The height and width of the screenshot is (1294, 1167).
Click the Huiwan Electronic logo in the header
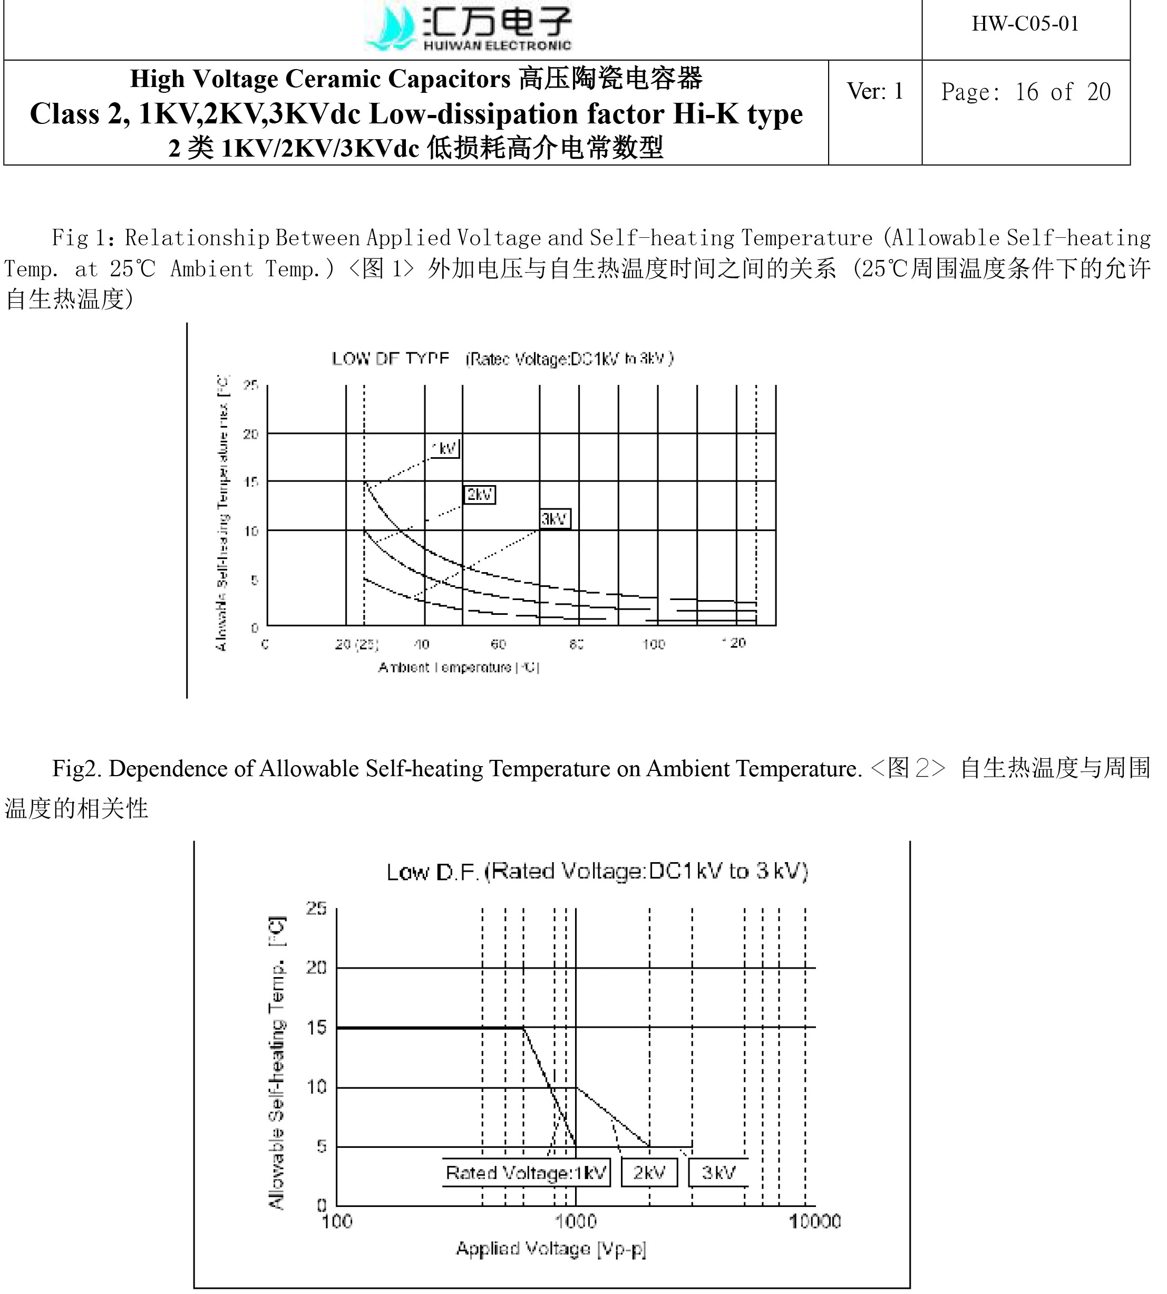[468, 27]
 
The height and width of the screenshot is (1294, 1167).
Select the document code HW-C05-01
[1025, 24]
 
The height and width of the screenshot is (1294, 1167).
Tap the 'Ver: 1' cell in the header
[874, 91]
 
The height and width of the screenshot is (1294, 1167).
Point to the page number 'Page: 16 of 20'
[1025, 92]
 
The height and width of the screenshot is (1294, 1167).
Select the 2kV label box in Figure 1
[480, 494]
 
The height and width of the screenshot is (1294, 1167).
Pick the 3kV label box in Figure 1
[555, 518]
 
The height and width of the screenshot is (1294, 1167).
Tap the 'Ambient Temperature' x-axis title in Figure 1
[459, 667]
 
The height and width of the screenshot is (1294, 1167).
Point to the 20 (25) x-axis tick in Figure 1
[356, 643]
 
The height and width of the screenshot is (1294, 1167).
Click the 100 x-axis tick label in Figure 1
[654, 643]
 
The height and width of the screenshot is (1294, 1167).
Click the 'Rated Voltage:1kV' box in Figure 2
[526, 1173]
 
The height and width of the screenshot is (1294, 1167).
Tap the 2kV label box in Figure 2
[649, 1173]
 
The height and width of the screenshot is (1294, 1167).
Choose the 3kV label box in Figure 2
[718, 1173]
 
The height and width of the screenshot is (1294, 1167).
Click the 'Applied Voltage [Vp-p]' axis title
[551, 1249]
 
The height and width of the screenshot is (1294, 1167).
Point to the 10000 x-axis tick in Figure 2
[814, 1221]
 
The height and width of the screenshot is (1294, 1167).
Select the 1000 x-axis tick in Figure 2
[575, 1221]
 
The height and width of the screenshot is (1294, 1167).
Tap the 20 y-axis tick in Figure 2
[317, 967]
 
